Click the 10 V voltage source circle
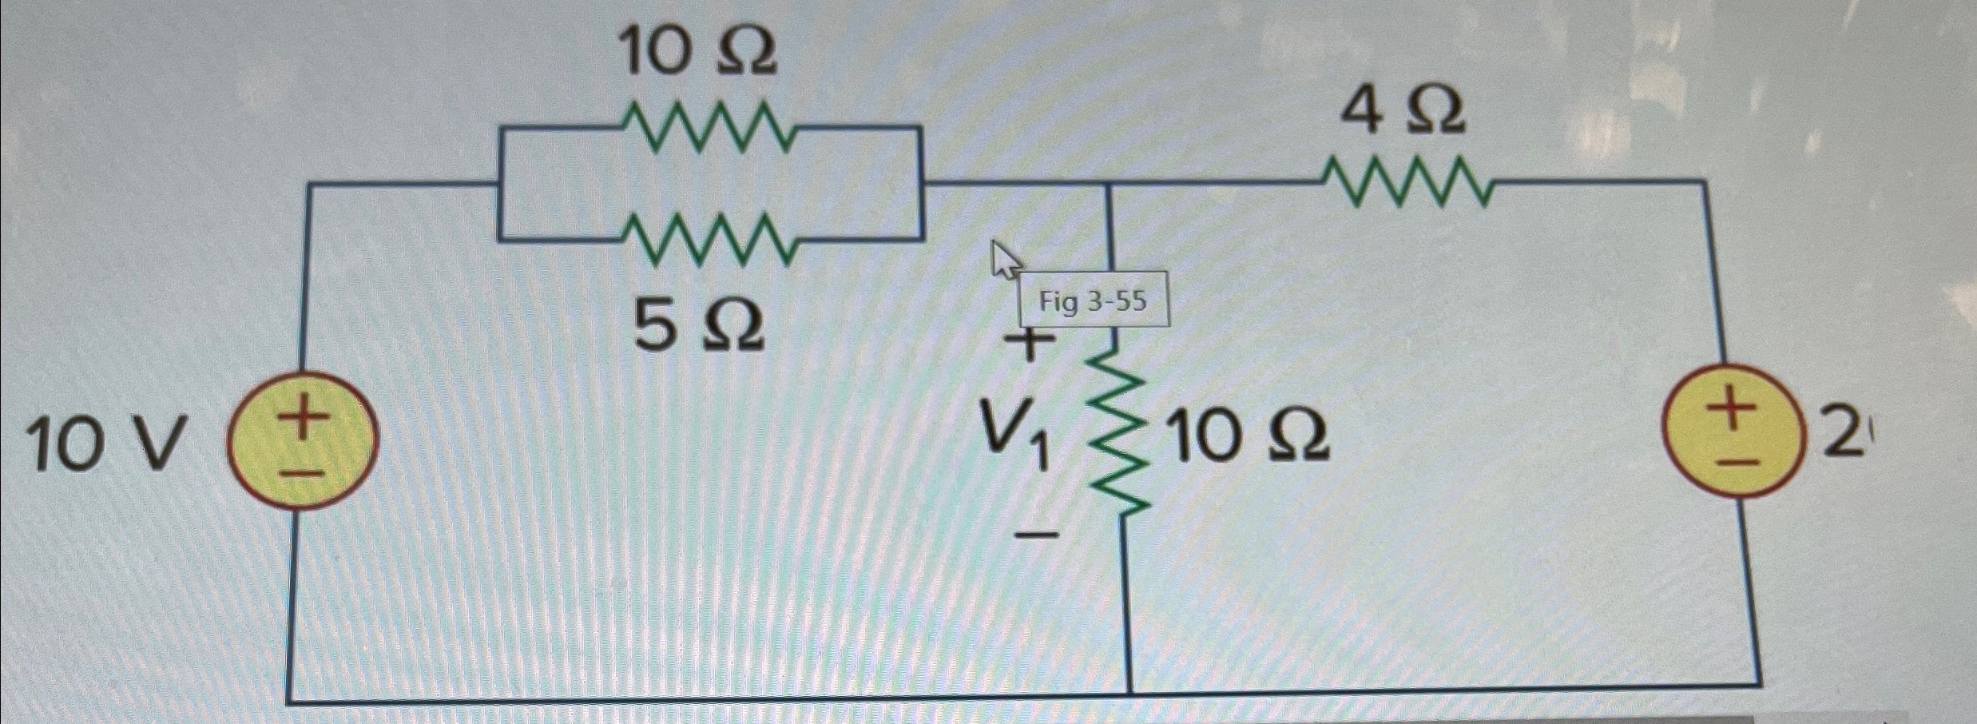click(303, 441)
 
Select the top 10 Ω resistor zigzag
click(708, 128)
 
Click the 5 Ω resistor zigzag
click(708, 240)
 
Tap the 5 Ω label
click(699, 328)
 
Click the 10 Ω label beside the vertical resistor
click(1251, 439)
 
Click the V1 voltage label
click(1014, 439)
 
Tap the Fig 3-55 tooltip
click(1093, 301)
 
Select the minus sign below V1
click(1037, 534)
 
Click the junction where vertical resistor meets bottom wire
click(1130, 692)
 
